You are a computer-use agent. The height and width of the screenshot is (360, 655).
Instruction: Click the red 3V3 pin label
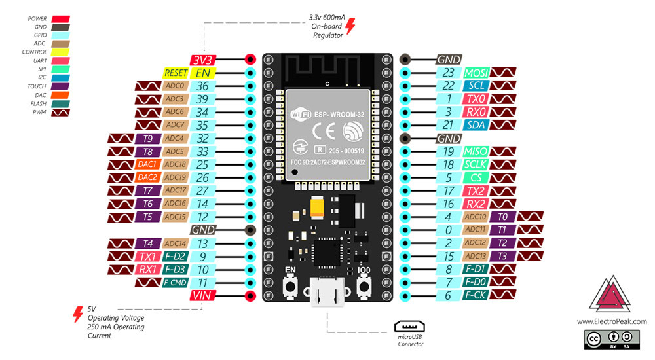(x=202, y=60)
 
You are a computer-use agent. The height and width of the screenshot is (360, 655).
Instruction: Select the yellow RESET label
(x=176, y=73)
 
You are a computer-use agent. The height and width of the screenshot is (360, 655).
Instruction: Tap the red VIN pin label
(x=202, y=296)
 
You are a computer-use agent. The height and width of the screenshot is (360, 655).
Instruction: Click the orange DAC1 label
(x=147, y=165)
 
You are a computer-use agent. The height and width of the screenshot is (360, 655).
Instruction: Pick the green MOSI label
(x=476, y=73)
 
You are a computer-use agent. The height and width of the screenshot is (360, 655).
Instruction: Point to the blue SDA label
(x=476, y=125)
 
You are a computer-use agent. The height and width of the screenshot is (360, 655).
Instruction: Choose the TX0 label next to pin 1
(x=476, y=99)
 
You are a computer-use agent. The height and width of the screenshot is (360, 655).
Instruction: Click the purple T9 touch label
(x=147, y=139)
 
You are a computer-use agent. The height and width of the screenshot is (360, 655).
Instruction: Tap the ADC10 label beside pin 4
(x=476, y=217)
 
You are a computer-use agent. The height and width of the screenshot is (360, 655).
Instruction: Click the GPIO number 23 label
(x=448, y=73)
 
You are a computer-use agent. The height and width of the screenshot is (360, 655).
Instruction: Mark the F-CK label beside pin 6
(x=476, y=295)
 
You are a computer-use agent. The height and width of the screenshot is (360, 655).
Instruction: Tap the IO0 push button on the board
(x=365, y=286)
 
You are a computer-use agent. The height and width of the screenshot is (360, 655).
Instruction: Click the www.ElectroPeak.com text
(x=612, y=321)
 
